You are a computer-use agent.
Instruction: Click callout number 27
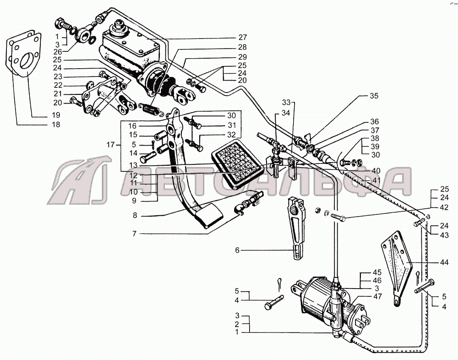(242, 38)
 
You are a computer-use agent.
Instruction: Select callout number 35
(375, 97)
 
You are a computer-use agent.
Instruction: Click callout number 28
(242, 47)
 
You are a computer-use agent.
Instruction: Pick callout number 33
(286, 102)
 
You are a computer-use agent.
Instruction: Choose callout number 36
(375, 122)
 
